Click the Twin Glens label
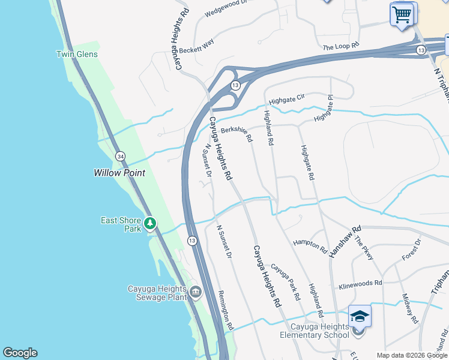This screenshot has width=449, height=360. point(77,55)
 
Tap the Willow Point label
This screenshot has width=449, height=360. point(119,173)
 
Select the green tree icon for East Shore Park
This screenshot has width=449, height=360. point(150,224)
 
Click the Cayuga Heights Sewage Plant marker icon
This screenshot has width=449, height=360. point(195,293)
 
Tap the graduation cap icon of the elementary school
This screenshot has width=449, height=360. point(360,316)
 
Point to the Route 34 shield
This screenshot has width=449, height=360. point(121,157)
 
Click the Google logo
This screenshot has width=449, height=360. point(20,353)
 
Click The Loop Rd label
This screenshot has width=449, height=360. point(340,46)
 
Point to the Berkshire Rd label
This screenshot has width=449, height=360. point(237,133)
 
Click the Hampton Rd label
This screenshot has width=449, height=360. point(310,245)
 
